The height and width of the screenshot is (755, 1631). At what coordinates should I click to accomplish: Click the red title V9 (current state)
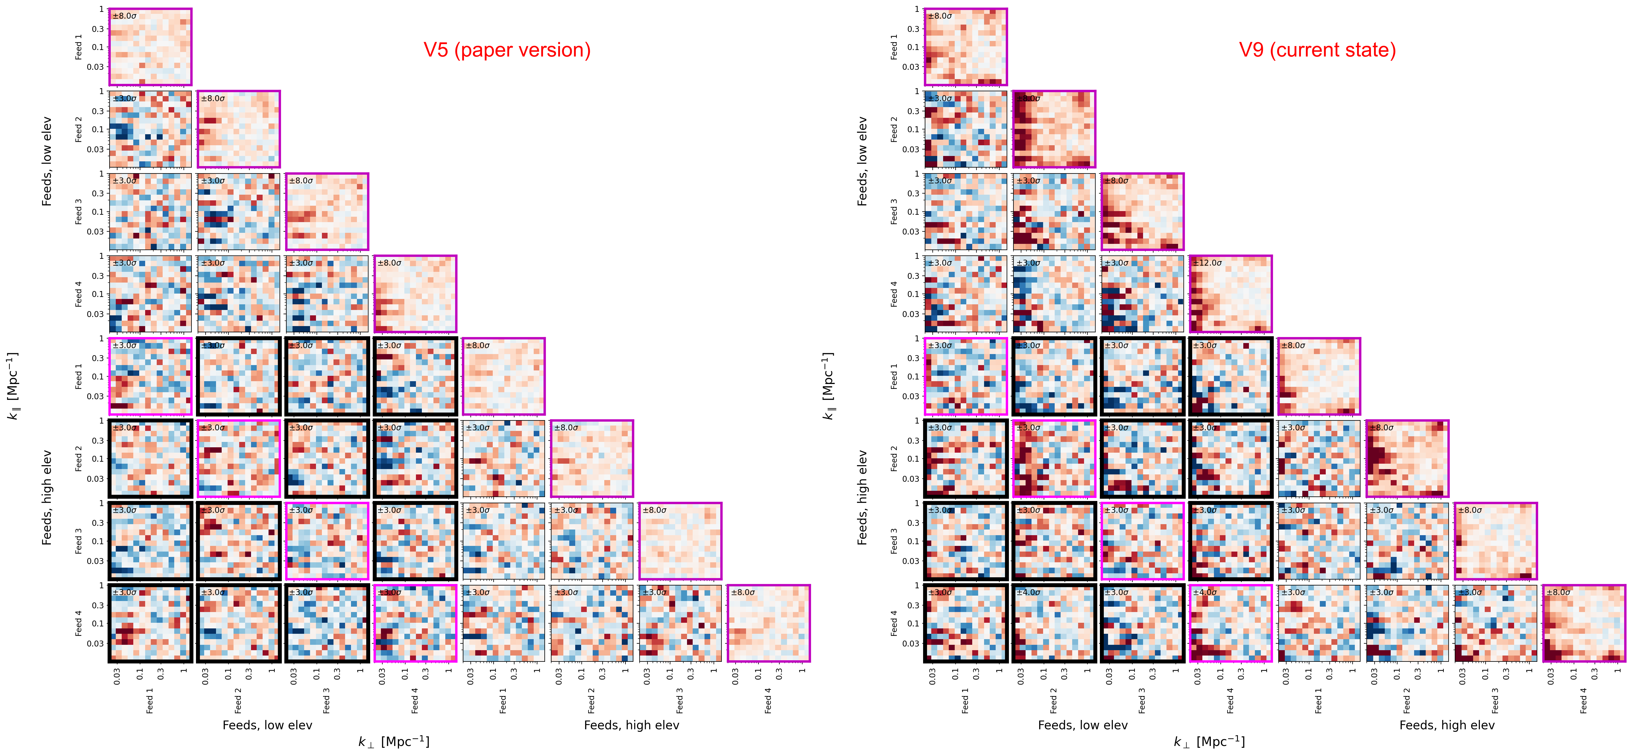(x=1317, y=50)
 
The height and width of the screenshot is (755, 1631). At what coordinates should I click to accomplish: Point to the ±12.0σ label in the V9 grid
(x=1207, y=263)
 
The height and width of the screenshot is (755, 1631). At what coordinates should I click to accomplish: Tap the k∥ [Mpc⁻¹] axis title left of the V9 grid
(x=828, y=386)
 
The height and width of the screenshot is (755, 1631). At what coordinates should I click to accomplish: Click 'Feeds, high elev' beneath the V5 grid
(x=631, y=725)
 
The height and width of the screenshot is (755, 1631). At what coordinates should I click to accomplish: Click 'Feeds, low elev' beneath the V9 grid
(x=1083, y=725)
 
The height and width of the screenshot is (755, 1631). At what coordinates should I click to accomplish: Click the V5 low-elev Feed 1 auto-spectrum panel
(x=150, y=47)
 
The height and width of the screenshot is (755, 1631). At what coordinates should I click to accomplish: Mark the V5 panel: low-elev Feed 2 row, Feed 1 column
(x=150, y=129)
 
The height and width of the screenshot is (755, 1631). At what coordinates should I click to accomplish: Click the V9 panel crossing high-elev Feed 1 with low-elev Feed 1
(x=965, y=376)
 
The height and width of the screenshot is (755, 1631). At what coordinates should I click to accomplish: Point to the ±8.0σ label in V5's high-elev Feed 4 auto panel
(x=743, y=592)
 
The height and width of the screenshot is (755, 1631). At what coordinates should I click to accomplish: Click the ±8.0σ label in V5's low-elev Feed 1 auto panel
(x=124, y=16)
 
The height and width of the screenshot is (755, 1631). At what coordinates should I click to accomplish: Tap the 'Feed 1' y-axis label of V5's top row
(x=79, y=47)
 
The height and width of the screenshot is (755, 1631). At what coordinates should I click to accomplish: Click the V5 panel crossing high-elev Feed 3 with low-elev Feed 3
(x=327, y=541)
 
